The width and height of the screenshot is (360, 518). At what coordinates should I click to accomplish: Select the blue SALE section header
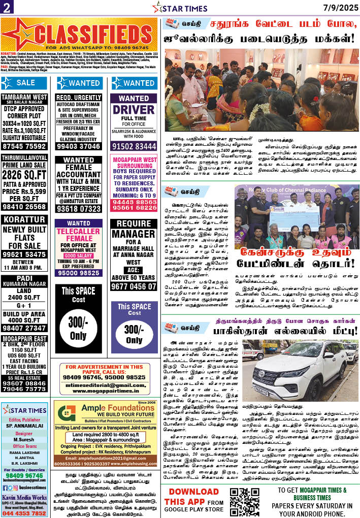click(x=24, y=83)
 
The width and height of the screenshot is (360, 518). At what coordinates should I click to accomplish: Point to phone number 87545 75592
click(x=24, y=146)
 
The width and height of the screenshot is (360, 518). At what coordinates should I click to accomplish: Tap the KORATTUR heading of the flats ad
click(x=24, y=220)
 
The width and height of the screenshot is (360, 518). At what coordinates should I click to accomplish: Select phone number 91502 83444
click(x=134, y=146)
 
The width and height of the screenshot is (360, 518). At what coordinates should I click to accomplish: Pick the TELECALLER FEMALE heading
click(x=79, y=235)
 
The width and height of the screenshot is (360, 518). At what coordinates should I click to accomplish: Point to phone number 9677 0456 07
click(x=134, y=286)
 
